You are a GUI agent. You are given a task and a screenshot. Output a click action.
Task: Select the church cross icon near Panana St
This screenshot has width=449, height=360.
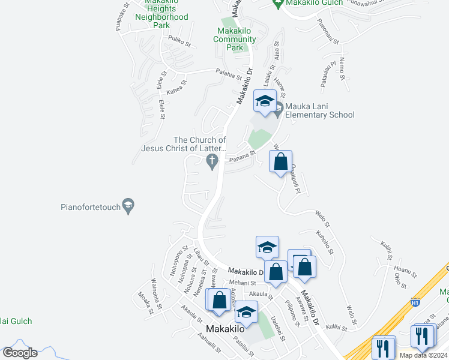point(211,161)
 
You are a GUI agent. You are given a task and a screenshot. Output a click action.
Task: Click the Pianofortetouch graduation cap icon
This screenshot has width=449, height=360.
point(128,206)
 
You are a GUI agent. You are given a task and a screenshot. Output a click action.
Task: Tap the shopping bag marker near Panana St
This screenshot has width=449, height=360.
point(280,161)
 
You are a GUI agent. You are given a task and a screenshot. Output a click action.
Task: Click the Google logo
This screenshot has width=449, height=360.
point(20,353)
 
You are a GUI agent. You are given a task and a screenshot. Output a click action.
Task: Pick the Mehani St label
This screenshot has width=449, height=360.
point(242,282)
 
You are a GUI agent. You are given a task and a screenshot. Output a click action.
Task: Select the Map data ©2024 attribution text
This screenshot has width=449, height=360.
point(424,355)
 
